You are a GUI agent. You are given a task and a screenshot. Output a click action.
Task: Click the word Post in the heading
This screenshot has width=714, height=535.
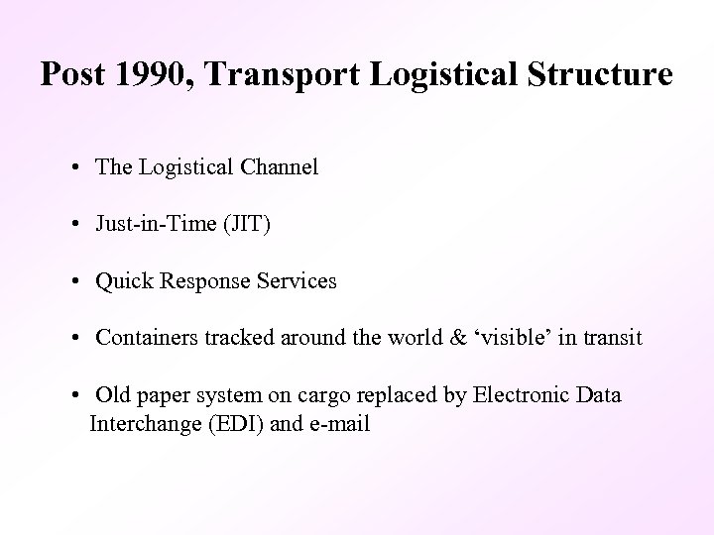[68, 75]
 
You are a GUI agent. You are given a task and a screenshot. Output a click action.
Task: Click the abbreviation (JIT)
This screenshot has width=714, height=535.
[244, 225]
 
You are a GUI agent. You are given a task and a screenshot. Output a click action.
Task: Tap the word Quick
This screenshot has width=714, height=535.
[122, 281]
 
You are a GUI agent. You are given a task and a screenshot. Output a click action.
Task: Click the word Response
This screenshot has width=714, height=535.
[202, 282]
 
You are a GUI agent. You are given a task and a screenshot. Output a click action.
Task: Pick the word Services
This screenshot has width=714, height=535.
[297, 281]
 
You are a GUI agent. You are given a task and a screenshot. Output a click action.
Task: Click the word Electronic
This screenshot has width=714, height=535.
[527, 395]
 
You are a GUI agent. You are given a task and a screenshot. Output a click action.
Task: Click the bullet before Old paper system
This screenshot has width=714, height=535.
[76, 396]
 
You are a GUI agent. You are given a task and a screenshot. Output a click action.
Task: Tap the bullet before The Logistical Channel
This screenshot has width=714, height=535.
[76, 167]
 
